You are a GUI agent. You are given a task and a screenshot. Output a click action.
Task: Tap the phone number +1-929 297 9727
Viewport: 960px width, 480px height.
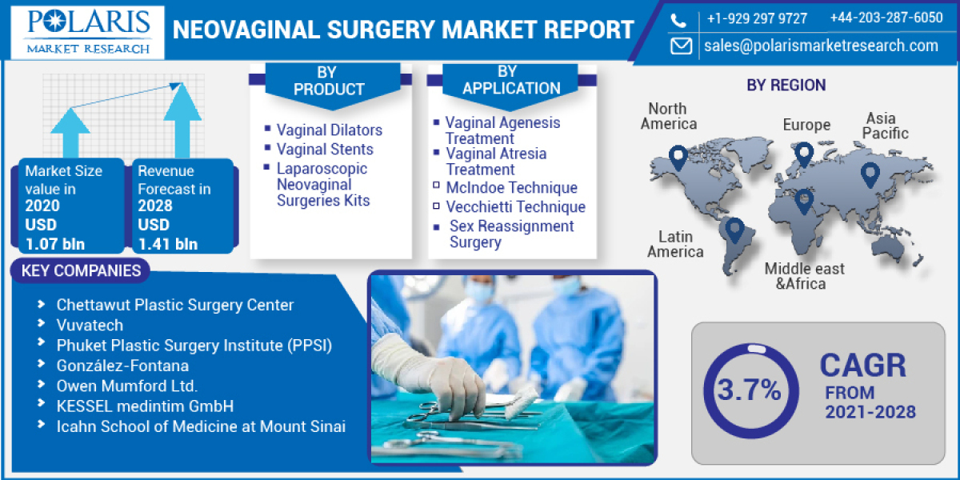pos(757,18)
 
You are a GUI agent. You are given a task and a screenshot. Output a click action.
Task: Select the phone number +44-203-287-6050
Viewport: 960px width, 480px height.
pos(886,18)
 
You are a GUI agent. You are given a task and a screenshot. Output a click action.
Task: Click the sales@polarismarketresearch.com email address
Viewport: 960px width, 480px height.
pos(821,46)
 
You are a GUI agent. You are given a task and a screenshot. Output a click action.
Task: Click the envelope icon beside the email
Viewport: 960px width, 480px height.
pos(681,46)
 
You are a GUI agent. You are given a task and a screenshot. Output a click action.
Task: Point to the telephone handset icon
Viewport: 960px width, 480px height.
pos(679,19)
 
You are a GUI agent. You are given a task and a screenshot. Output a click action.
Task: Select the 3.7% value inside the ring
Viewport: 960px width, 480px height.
pos(749,390)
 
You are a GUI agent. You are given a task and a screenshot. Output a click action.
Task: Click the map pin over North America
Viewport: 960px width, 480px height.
pos(678,158)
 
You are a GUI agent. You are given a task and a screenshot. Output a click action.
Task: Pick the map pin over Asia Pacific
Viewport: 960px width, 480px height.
pos(870,174)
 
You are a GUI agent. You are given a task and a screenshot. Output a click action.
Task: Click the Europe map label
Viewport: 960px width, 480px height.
pos(806,125)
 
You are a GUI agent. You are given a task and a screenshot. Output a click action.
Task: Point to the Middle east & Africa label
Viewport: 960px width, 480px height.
pos(804,276)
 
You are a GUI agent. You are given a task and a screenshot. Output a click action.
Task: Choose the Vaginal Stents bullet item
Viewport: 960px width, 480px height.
pos(325,149)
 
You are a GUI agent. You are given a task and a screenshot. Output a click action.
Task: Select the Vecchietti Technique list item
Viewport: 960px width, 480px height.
pos(515,206)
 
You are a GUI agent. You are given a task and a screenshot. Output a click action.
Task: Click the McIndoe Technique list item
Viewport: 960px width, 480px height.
pos(511,188)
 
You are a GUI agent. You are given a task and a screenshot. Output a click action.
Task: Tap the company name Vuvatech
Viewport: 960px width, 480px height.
pos(89,325)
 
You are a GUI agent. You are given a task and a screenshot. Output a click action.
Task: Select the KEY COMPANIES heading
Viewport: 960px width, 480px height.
pos(81,271)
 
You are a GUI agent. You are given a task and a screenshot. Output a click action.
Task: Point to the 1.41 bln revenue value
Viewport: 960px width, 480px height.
pos(167,244)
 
